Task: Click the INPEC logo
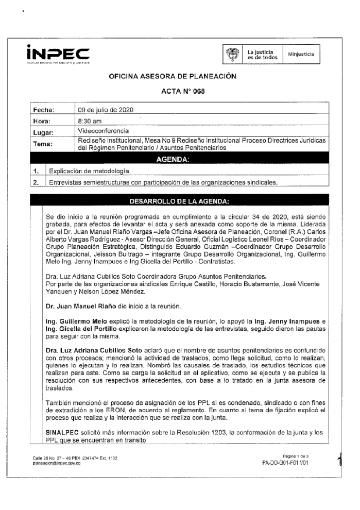(x=58, y=54)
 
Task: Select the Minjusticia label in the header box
(x=301, y=54)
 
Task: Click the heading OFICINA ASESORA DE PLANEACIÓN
(x=172, y=76)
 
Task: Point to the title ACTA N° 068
(x=183, y=91)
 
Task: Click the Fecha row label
(x=44, y=110)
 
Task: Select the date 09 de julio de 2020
(x=105, y=110)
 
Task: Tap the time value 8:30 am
(x=90, y=121)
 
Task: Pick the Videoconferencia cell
(x=103, y=131)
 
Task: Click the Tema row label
(x=43, y=144)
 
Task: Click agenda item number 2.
(x=36, y=182)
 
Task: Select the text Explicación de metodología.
(x=90, y=171)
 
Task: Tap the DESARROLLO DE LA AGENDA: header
(x=179, y=202)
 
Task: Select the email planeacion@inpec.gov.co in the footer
(x=57, y=463)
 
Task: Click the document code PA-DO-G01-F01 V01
(x=285, y=463)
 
